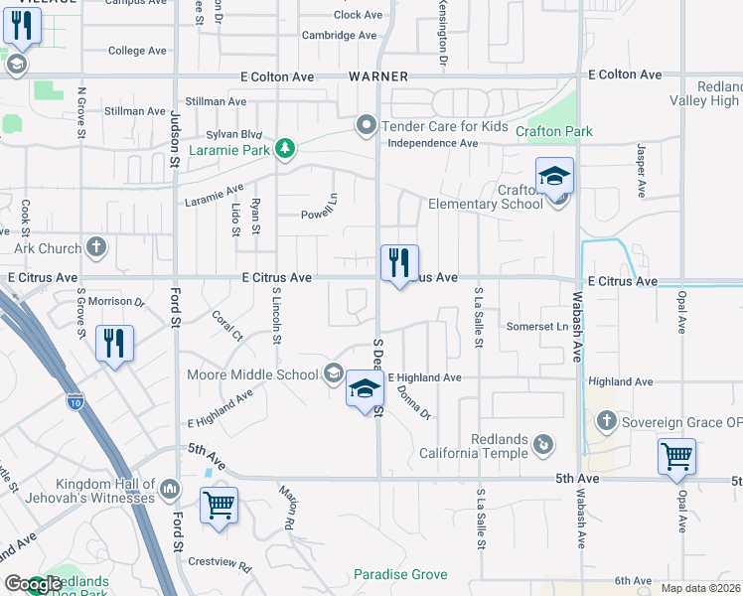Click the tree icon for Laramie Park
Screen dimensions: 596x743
tap(286, 149)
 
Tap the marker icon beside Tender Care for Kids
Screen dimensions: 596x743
tap(366, 126)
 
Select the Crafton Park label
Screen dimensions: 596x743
tap(554, 131)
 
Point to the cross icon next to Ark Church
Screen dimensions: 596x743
tap(96, 245)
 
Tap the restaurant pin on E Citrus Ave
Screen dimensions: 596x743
tap(399, 264)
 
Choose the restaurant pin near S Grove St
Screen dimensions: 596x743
tap(113, 345)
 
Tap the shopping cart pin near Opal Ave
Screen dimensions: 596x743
tap(676, 458)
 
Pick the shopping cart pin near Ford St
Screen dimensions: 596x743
tap(220, 506)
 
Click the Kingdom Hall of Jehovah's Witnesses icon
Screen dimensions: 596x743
tap(170, 489)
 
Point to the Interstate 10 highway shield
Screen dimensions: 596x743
tap(75, 400)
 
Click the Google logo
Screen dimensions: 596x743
tap(33, 584)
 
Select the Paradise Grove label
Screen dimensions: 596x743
tap(400, 574)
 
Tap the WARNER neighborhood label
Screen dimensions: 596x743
tap(378, 75)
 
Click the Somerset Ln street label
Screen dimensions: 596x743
tap(536, 326)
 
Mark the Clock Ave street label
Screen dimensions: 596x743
tap(360, 15)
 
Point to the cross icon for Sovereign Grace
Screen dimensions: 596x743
tap(606, 421)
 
